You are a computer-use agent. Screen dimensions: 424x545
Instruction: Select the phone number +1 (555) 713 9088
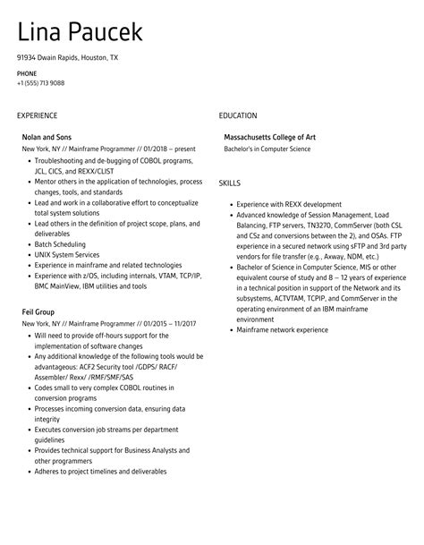[40, 82]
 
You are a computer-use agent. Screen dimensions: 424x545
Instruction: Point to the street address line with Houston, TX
[67, 57]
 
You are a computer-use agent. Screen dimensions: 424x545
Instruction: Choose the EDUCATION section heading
[238, 115]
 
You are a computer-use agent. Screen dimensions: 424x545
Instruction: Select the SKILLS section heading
[229, 183]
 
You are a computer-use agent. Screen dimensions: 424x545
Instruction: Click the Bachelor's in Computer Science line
[267, 149]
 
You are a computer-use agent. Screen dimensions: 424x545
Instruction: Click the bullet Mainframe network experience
[282, 330]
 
